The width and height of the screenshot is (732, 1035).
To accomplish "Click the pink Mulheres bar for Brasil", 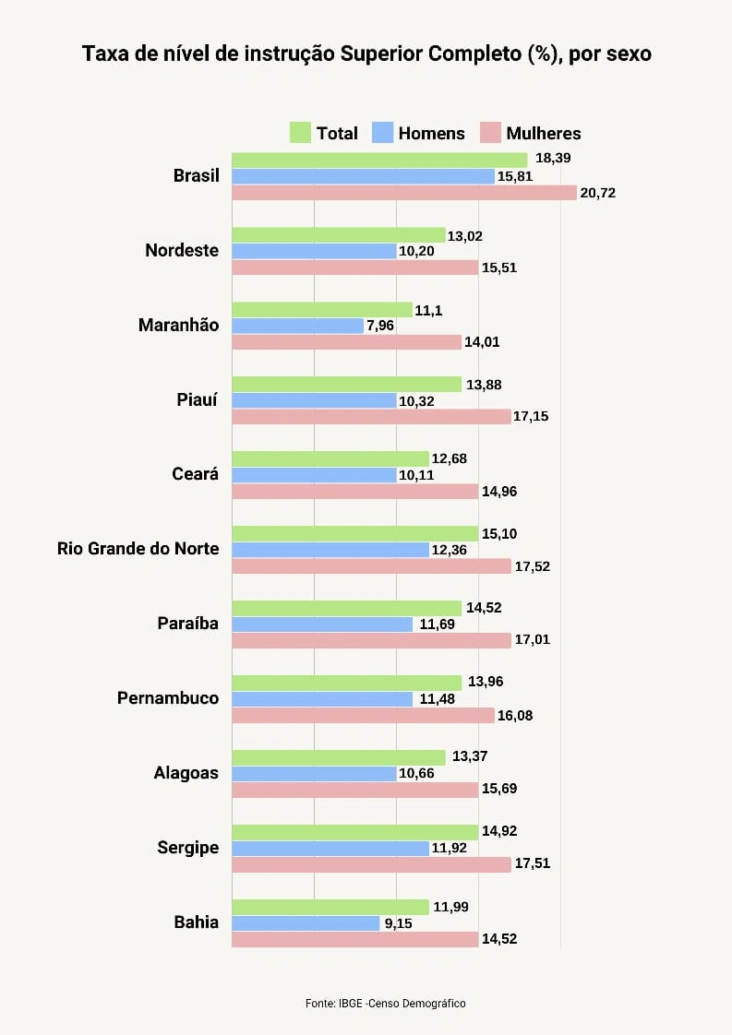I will point(404,193).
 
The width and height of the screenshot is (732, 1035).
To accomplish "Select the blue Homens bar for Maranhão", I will point(297,326).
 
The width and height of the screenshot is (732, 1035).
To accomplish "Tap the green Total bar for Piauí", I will point(346,384).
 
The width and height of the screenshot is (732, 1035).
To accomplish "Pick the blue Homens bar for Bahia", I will point(306,923).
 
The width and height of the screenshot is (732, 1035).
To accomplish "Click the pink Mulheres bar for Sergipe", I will point(371,864).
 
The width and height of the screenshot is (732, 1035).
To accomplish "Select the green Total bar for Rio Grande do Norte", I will point(354,533).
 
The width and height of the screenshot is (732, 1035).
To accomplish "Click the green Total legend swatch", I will point(300,133).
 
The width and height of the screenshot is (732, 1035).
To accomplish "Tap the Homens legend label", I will point(431,133).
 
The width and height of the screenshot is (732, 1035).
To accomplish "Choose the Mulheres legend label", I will point(544,133).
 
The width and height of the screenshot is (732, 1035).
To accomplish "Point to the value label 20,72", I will point(597,193).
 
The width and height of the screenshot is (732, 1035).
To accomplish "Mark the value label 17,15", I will point(531,417).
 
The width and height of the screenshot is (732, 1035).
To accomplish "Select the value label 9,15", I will point(397,923).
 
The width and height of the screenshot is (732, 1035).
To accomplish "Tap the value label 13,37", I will point(469,756).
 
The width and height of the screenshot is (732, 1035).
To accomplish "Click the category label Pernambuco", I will point(168,698).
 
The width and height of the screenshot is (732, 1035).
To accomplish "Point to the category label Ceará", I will point(195,474).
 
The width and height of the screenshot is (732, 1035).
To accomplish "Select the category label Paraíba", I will point(187,624).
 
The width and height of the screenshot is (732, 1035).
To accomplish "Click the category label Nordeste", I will point(182,250).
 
